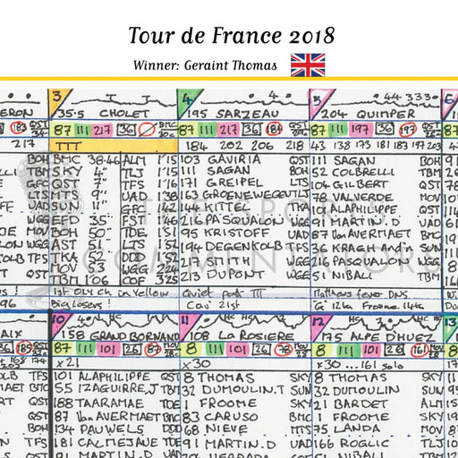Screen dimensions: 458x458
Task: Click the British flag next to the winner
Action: (308, 64)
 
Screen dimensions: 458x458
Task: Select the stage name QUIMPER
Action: (386, 114)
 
